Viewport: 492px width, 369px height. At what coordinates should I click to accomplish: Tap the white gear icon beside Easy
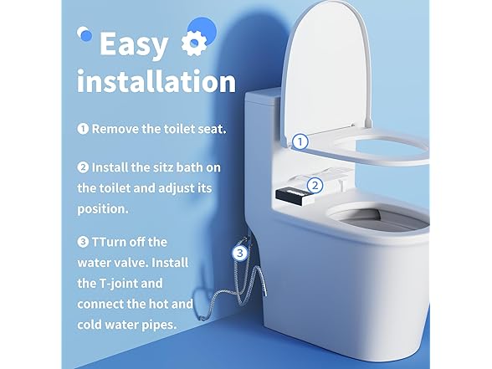tap(192, 43)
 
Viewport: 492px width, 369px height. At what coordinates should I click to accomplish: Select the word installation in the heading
tap(156, 82)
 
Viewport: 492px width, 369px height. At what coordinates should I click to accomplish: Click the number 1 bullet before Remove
tap(83, 130)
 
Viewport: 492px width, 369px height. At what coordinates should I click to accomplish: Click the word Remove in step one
tap(115, 130)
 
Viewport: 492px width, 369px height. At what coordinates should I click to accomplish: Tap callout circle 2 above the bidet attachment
tap(315, 186)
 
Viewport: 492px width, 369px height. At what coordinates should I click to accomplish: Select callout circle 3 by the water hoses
tap(240, 251)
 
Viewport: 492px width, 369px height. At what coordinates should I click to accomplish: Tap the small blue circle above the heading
tap(198, 25)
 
